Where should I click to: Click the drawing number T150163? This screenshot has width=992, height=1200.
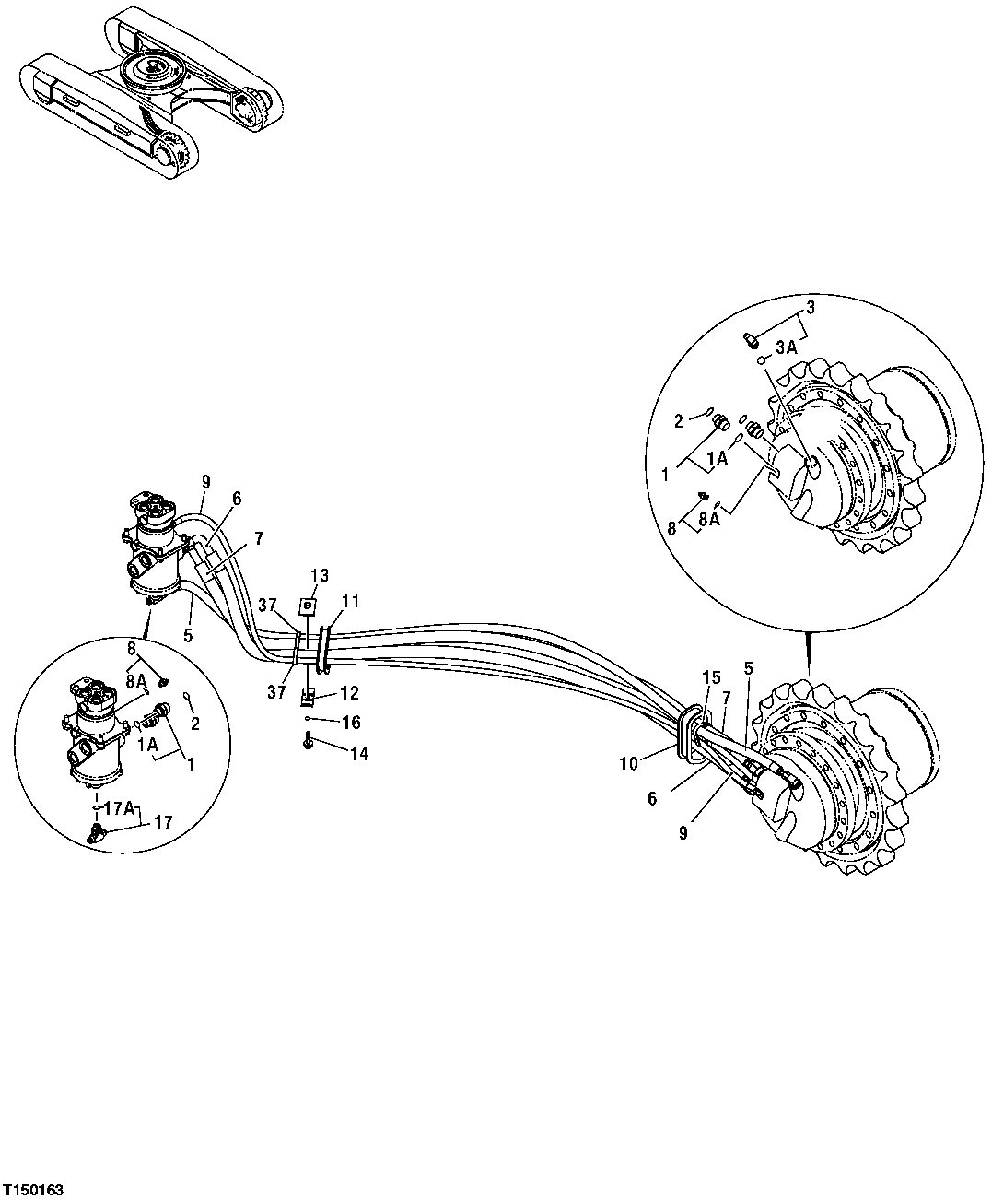(x=33, y=1190)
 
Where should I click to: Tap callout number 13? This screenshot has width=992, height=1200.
(x=318, y=576)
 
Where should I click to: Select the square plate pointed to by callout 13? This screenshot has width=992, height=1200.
(x=308, y=607)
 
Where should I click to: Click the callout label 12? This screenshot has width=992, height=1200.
(x=348, y=694)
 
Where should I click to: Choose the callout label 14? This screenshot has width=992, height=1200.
(x=357, y=753)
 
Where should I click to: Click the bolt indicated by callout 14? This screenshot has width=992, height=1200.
(x=308, y=740)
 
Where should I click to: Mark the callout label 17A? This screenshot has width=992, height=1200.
(x=120, y=808)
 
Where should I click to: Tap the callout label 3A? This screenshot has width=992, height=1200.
(x=785, y=347)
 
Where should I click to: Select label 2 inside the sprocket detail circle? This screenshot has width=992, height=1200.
(x=678, y=421)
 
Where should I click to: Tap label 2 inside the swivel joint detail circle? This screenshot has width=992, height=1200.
(x=194, y=724)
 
